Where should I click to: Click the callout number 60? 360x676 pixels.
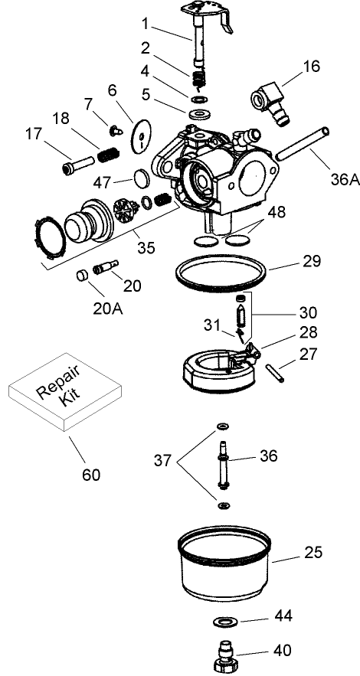click(x=90, y=474)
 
